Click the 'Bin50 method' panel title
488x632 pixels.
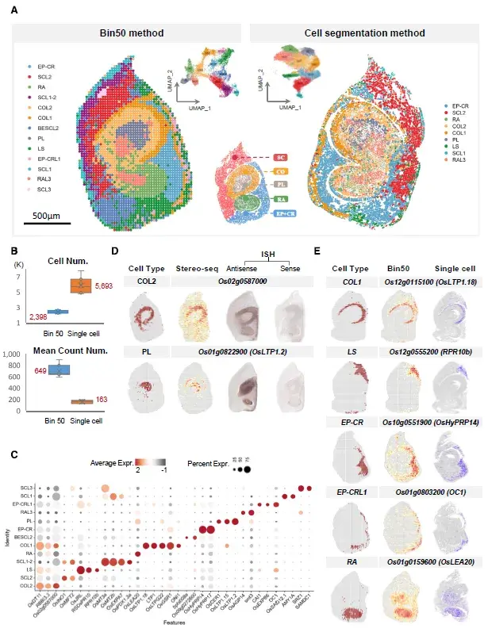coord(131,33)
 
